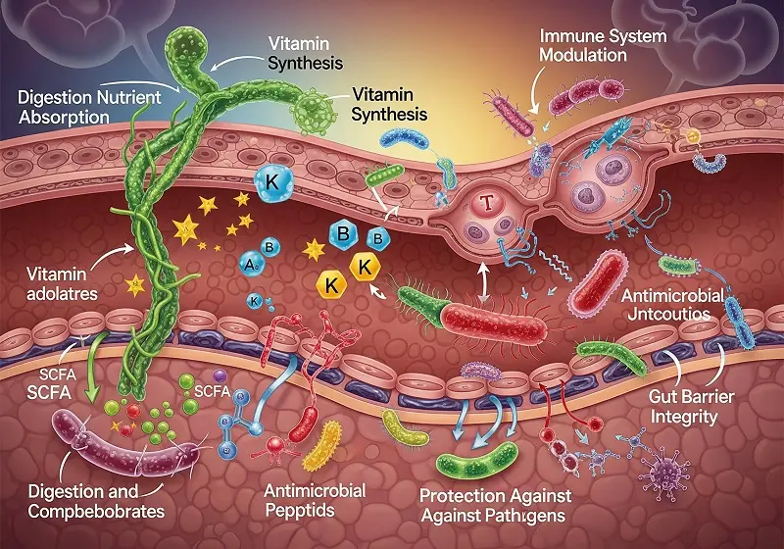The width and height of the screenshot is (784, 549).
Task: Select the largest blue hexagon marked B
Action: (x=344, y=234)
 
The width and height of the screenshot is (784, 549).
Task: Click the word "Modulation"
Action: (x=583, y=55)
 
